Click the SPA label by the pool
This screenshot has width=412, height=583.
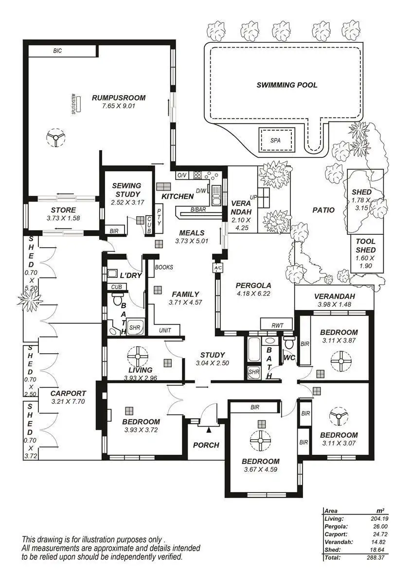pos(275,140)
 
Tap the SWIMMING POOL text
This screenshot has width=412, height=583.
pos(287,85)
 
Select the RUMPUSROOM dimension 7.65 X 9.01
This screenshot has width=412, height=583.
pos(119,106)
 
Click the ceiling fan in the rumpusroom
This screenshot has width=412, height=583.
pos(55,137)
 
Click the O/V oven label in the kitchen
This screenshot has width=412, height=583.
pos(181,175)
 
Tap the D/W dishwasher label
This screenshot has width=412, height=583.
pos(201,191)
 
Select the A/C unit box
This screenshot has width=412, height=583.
pos(217,268)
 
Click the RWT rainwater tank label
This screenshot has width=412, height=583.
pos(277,325)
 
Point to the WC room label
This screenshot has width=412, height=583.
pos(289,358)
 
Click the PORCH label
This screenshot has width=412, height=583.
pos(206,445)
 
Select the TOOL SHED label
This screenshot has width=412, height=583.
pos(366,246)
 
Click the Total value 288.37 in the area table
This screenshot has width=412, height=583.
pos(376,558)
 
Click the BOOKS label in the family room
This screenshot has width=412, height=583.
pos(164,267)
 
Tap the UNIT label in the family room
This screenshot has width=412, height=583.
pos(165,330)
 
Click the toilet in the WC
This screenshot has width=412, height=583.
pos(289,343)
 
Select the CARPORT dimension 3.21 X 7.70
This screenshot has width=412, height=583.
pos(68,401)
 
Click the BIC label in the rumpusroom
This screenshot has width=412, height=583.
pos(57,51)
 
